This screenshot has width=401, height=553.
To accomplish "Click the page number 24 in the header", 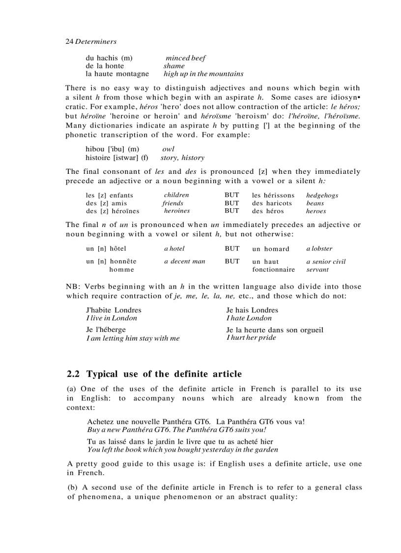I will pos(69,42).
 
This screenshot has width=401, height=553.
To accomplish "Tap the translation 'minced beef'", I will pos(185,58).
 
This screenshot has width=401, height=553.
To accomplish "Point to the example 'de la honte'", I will pos(105,66).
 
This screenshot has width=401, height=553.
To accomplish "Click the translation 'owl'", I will pos(168,149).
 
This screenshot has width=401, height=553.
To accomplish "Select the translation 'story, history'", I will pos(182,158).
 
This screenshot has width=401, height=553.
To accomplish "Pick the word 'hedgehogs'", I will pos(322,195).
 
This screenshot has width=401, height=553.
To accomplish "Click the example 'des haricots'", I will pos(272,203).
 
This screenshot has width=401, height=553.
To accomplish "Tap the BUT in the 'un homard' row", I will pos(232,249).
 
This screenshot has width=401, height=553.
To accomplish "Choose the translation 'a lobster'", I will pos(319,249).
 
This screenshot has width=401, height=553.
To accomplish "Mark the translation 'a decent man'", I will pos(184,261).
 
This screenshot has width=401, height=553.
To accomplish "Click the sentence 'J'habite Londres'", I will pos(114,310).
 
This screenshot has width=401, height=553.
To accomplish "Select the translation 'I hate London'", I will pos(249,318).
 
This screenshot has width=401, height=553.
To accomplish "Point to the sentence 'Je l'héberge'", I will pos(106,330).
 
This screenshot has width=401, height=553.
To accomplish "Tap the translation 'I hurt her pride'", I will pos(251,338).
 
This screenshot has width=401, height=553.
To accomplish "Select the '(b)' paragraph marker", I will pos(72,488).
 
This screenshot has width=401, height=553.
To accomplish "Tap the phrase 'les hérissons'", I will pos(273,195).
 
